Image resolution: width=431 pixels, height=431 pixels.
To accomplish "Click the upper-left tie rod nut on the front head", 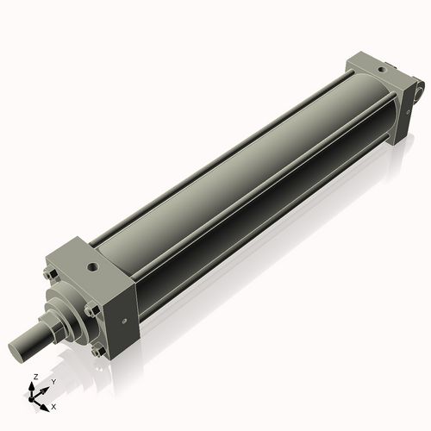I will tap(50, 275).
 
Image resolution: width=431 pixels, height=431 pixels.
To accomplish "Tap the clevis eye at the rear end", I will tap(418, 89).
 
